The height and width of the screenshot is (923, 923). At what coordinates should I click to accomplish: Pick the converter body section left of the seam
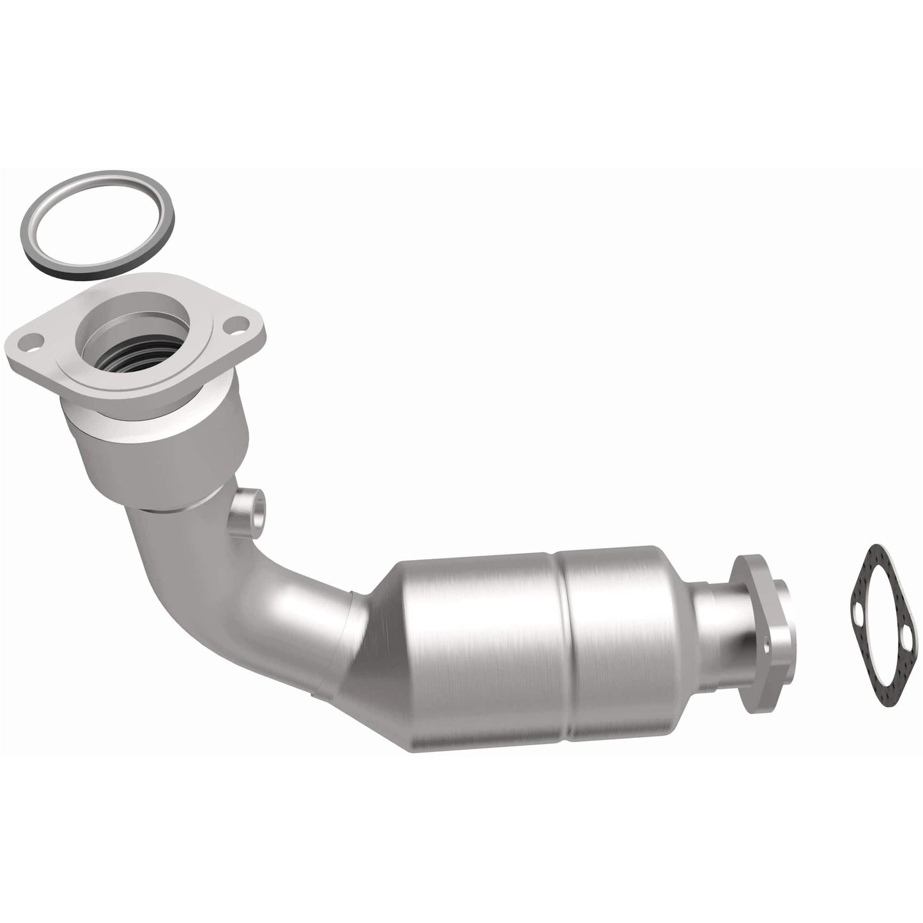pos(479,645)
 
